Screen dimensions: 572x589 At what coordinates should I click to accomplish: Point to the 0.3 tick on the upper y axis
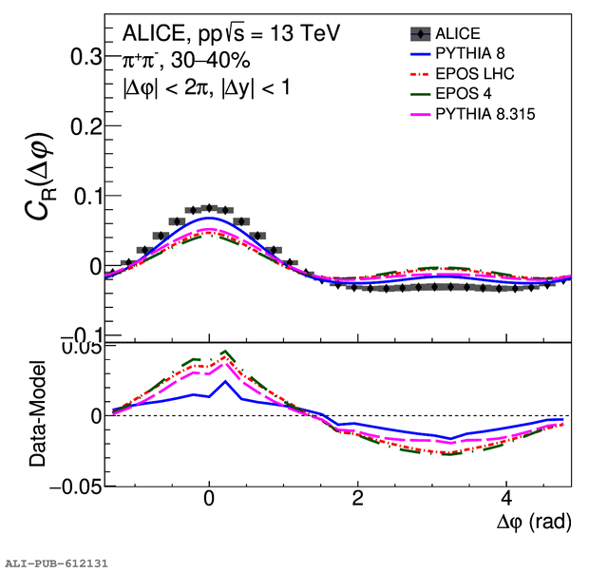(86, 57)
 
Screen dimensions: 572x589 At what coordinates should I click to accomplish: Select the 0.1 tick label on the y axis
(86, 197)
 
